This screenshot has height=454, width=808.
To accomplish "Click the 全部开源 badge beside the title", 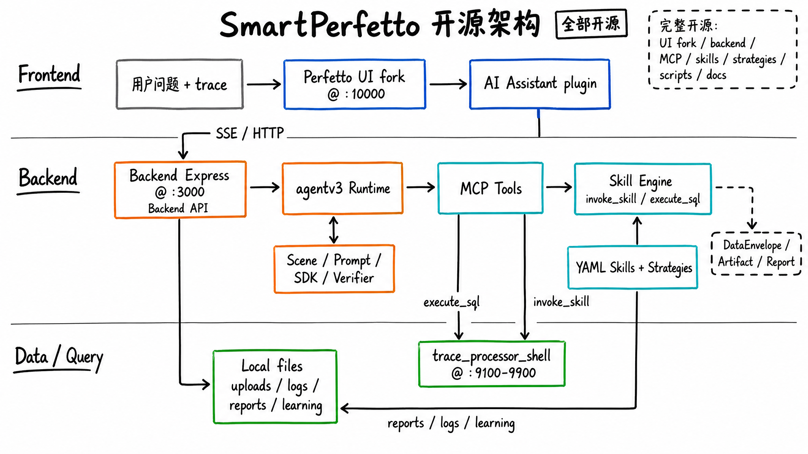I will point(591,24).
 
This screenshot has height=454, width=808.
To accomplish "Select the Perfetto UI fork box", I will point(354,84).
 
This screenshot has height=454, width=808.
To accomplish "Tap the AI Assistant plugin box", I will point(540,84).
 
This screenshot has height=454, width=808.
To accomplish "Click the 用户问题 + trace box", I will point(180,84).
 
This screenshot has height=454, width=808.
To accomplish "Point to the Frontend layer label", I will point(49,74).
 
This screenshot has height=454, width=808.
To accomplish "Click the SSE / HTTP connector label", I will point(249,133).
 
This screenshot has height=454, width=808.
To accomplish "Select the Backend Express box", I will point(180,190).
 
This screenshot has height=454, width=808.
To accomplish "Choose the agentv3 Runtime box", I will point(342,188).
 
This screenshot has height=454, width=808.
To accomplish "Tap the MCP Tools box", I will point(490,188).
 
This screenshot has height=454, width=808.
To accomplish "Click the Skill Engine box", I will point(643,189).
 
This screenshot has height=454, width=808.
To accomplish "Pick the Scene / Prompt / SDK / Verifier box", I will point(334,269).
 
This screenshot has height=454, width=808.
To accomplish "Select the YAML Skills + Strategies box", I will point(632,268).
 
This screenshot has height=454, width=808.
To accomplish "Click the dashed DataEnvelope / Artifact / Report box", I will point(756,253).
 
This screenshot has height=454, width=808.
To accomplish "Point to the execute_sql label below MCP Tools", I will point(451,302).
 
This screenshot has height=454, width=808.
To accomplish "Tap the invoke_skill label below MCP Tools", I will point(561,302).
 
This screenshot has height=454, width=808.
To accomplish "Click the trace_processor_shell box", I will point(492,364).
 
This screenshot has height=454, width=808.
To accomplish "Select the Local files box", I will point(275,386).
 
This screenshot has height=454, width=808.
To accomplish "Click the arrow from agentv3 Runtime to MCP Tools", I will point(420,188).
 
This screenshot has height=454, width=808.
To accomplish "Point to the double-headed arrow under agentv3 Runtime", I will point(334,230).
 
